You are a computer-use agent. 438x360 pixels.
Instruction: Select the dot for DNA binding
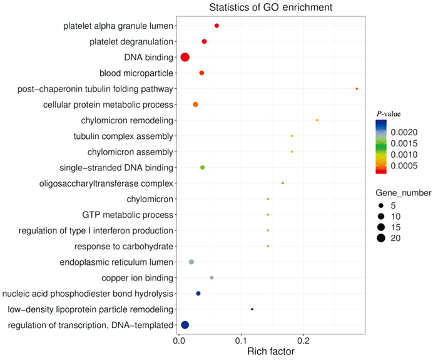coord(185,58)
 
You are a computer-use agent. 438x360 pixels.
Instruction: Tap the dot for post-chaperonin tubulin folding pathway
coord(357,89)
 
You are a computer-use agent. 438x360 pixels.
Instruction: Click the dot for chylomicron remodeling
coord(317,120)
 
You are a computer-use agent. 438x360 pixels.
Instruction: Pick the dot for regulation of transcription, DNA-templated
coord(185,324)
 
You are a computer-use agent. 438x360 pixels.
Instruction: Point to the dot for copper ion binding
coord(211,277)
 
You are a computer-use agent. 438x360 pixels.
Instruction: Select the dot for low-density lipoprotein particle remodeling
coord(252,309)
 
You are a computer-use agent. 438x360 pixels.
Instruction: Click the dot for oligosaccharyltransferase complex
coord(283,183)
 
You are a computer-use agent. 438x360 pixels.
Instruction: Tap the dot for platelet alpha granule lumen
coord(216,26)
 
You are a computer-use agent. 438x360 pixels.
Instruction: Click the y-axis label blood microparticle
coord(136,73)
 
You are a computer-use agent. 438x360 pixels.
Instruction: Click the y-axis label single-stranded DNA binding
coord(116,168)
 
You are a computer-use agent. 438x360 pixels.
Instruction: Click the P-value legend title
coord(388,113)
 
